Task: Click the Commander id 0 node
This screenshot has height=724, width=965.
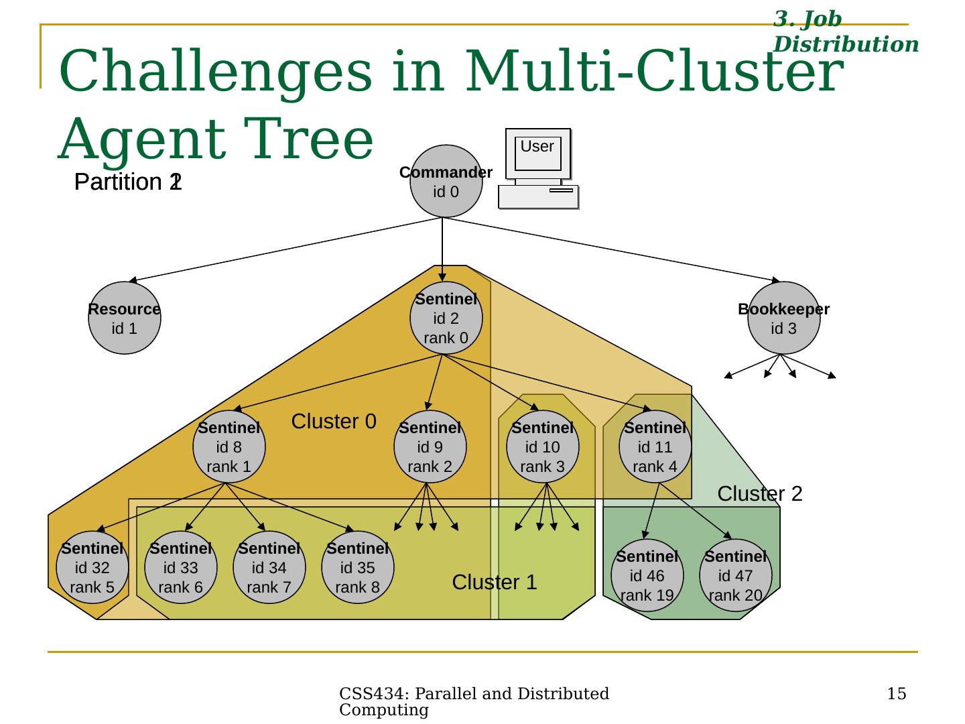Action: pyautogui.click(x=446, y=182)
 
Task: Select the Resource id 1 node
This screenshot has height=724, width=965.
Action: pyautogui.click(x=125, y=318)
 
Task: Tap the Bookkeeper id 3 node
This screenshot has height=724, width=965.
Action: pyautogui.click(x=783, y=318)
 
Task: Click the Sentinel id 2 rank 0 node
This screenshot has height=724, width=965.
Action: pyautogui.click(x=446, y=318)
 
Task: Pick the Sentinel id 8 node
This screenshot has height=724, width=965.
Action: pyautogui.click(x=229, y=446)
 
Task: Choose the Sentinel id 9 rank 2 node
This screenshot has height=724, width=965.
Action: pyautogui.click(x=430, y=446)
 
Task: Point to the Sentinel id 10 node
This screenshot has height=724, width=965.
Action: pyautogui.click(x=543, y=446)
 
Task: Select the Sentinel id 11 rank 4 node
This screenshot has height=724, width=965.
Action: pyautogui.click(x=655, y=446)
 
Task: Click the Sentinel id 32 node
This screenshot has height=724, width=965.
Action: pyautogui.click(x=92, y=568)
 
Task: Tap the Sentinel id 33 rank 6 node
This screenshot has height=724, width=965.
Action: pyautogui.click(x=181, y=568)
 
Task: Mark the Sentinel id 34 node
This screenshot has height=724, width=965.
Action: pyautogui.click(x=269, y=568)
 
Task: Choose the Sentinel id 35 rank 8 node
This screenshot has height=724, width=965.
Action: pyautogui.click(x=358, y=568)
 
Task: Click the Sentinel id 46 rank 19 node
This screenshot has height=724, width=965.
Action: pyautogui.click(x=647, y=576)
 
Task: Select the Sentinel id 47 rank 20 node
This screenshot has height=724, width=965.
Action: pyautogui.click(x=736, y=576)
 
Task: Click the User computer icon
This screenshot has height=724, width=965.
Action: pyautogui.click(x=538, y=169)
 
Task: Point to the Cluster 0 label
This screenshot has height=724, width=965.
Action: pyautogui.click(x=334, y=422)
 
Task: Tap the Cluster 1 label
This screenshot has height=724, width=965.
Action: pyautogui.click(x=495, y=583)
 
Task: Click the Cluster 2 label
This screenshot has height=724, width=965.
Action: pyautogui.click(x=760, y=494)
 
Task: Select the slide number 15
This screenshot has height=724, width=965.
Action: pyautogui.click(x=897, y=694)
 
